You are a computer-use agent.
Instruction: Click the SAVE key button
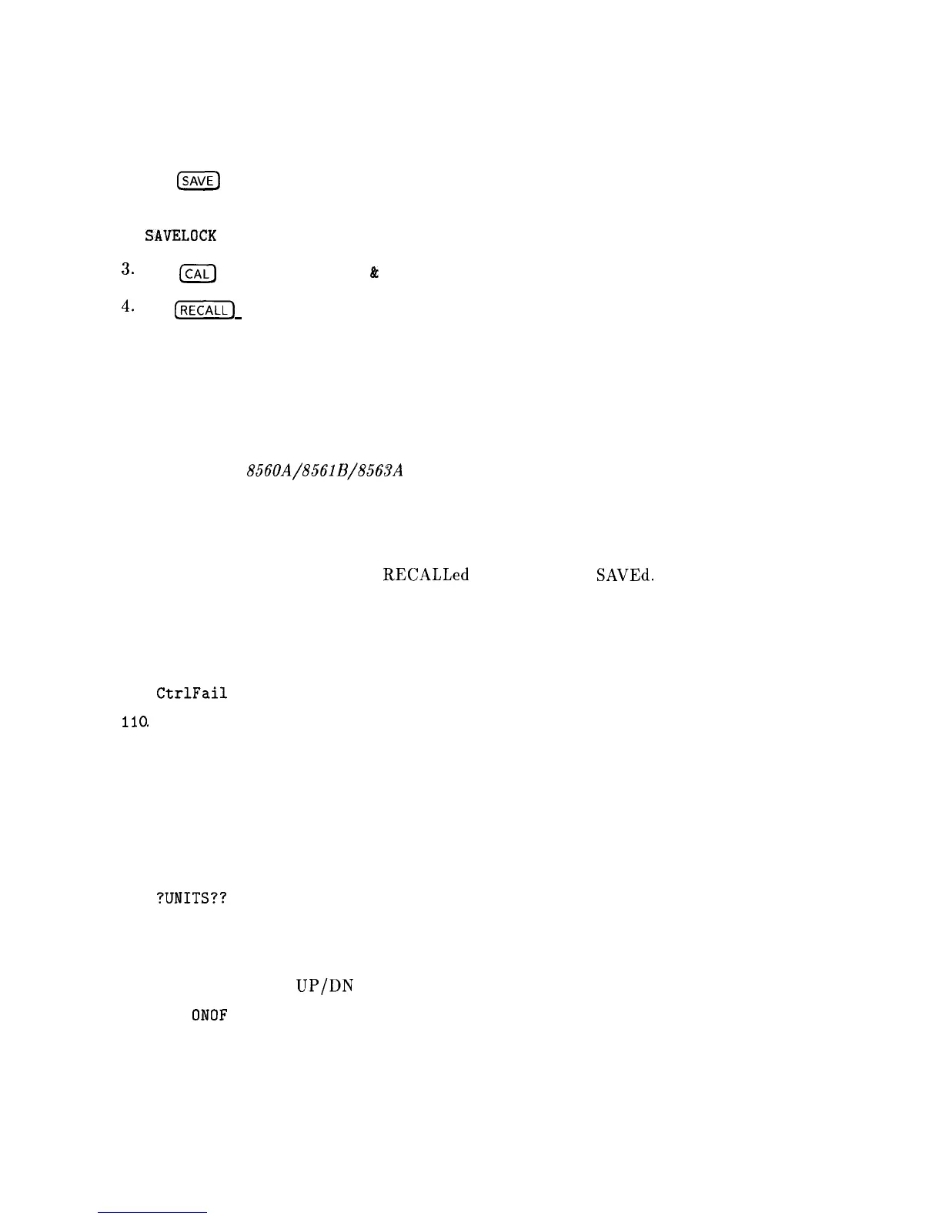tap(198, 182)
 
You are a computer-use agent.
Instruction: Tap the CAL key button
tap(197, 273)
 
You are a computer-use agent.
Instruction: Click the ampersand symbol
tap(374, 272)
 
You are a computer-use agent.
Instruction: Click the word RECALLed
tap(426, 575)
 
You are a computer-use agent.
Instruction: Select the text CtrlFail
tap(192, 693)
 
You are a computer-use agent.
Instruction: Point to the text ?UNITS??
tap(191, 898)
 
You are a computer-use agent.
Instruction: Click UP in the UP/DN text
tap(306, 986)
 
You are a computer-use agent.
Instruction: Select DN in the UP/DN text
tap(341, 986)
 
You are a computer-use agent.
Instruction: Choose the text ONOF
tap(209, 1015)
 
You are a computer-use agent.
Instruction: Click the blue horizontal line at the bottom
tap(153, 1212)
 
